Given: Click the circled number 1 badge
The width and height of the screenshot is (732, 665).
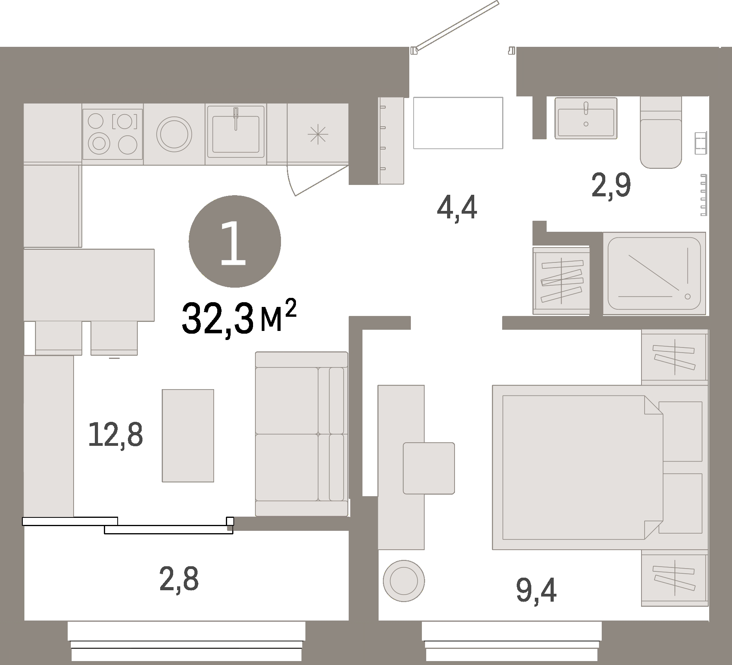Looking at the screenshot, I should point(235,241).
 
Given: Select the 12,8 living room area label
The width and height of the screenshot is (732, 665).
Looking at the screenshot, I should point(115,434).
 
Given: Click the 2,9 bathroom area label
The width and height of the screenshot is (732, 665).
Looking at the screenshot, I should point(611,186).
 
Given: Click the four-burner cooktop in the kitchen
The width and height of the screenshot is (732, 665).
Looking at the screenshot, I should point(112,134).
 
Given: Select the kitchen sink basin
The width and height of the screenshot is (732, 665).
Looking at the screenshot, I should point(235,134).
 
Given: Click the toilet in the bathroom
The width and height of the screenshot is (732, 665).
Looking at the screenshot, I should point(661,134).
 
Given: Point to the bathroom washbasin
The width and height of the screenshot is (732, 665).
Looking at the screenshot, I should point(586,118).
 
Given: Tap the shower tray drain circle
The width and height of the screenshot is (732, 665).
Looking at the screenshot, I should point(688,296).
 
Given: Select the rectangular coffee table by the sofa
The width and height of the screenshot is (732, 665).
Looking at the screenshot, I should point(188,435).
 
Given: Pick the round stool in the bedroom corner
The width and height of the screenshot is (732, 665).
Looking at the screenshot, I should point(404,580).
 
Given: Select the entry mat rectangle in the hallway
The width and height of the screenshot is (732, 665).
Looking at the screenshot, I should point(458,123).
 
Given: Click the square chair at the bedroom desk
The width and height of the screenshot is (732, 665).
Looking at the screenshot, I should point(429,468).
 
